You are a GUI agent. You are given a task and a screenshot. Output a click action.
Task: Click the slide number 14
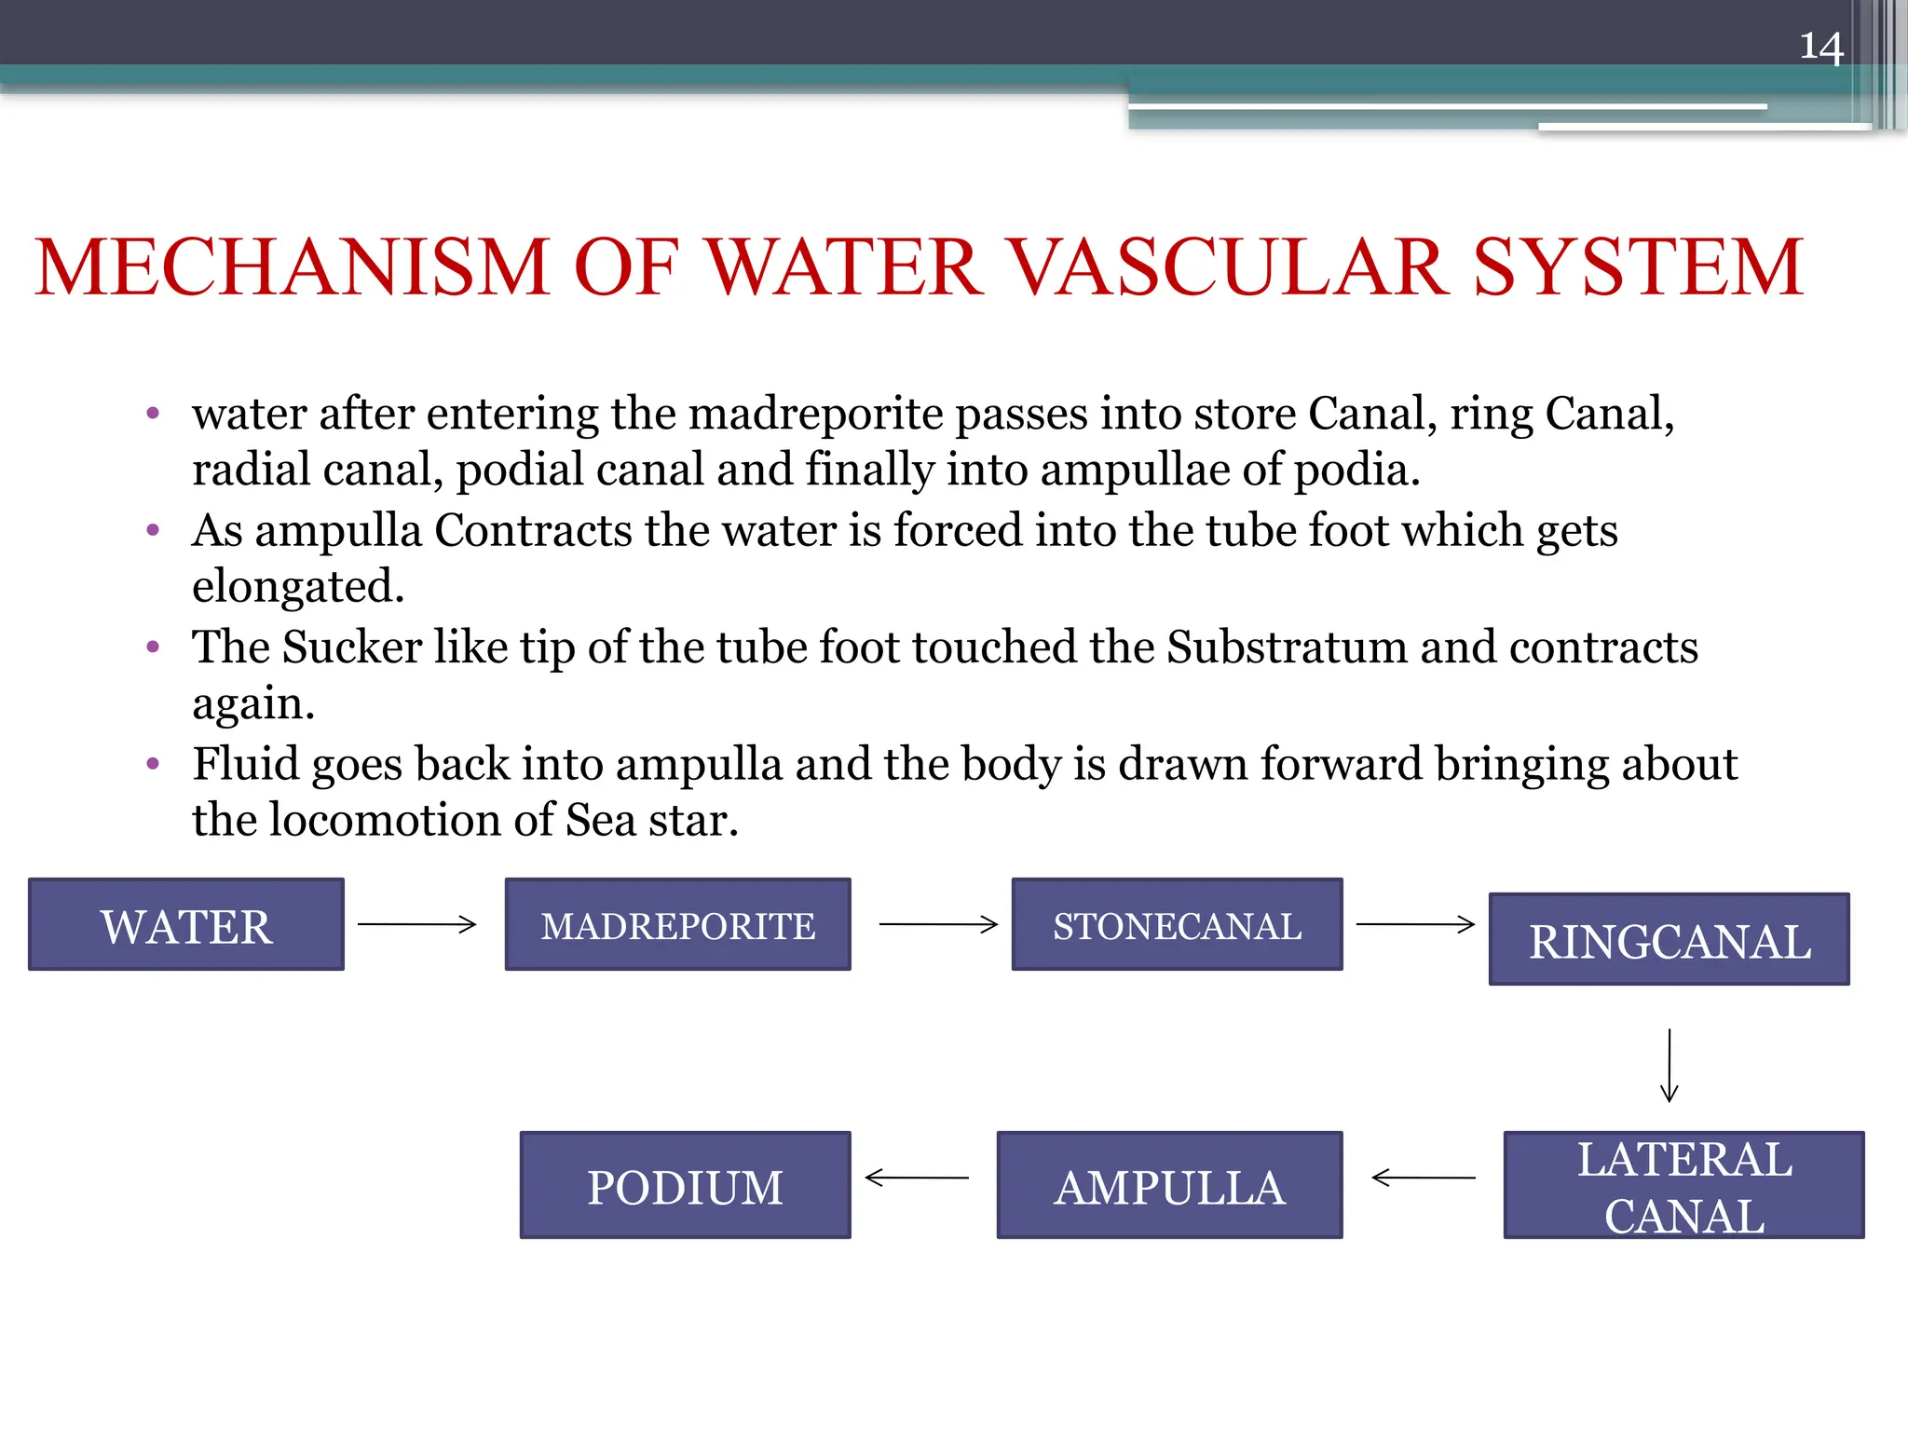click(1820, 47)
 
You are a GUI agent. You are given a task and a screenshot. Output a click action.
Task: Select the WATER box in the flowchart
click(186, 925)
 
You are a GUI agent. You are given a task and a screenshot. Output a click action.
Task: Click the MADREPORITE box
click(677, 925)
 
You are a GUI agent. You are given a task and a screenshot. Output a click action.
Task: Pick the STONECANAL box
click(1177, 925)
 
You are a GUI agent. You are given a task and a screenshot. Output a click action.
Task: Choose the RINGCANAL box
click(1669, 940)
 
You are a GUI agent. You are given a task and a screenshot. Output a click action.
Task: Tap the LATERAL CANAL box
click(1683, 1186)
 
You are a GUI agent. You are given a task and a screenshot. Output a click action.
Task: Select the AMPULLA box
click(1169, 1186)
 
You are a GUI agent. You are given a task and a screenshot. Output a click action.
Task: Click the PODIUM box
click(685, 1186)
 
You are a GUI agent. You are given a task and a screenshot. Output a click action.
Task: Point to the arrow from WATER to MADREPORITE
click(417, 924)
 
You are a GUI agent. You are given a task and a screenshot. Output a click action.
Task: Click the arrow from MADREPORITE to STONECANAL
click(938, 924)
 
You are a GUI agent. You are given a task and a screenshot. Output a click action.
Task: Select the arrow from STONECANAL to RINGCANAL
click(1415, 924)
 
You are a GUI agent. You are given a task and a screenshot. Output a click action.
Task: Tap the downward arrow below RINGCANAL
click(1669, 1065)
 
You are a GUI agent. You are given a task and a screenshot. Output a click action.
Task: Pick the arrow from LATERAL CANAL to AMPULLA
click(1424, 1179)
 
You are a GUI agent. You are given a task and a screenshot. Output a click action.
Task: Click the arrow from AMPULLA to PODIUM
click(917, 1179)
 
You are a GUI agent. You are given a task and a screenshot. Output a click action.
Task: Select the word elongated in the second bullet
click(298, 587)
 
